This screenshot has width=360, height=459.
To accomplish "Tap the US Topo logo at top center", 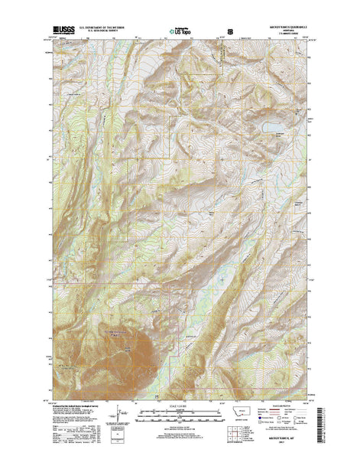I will coord(180,33).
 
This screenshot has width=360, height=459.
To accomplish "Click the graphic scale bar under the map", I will coord(180,413).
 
